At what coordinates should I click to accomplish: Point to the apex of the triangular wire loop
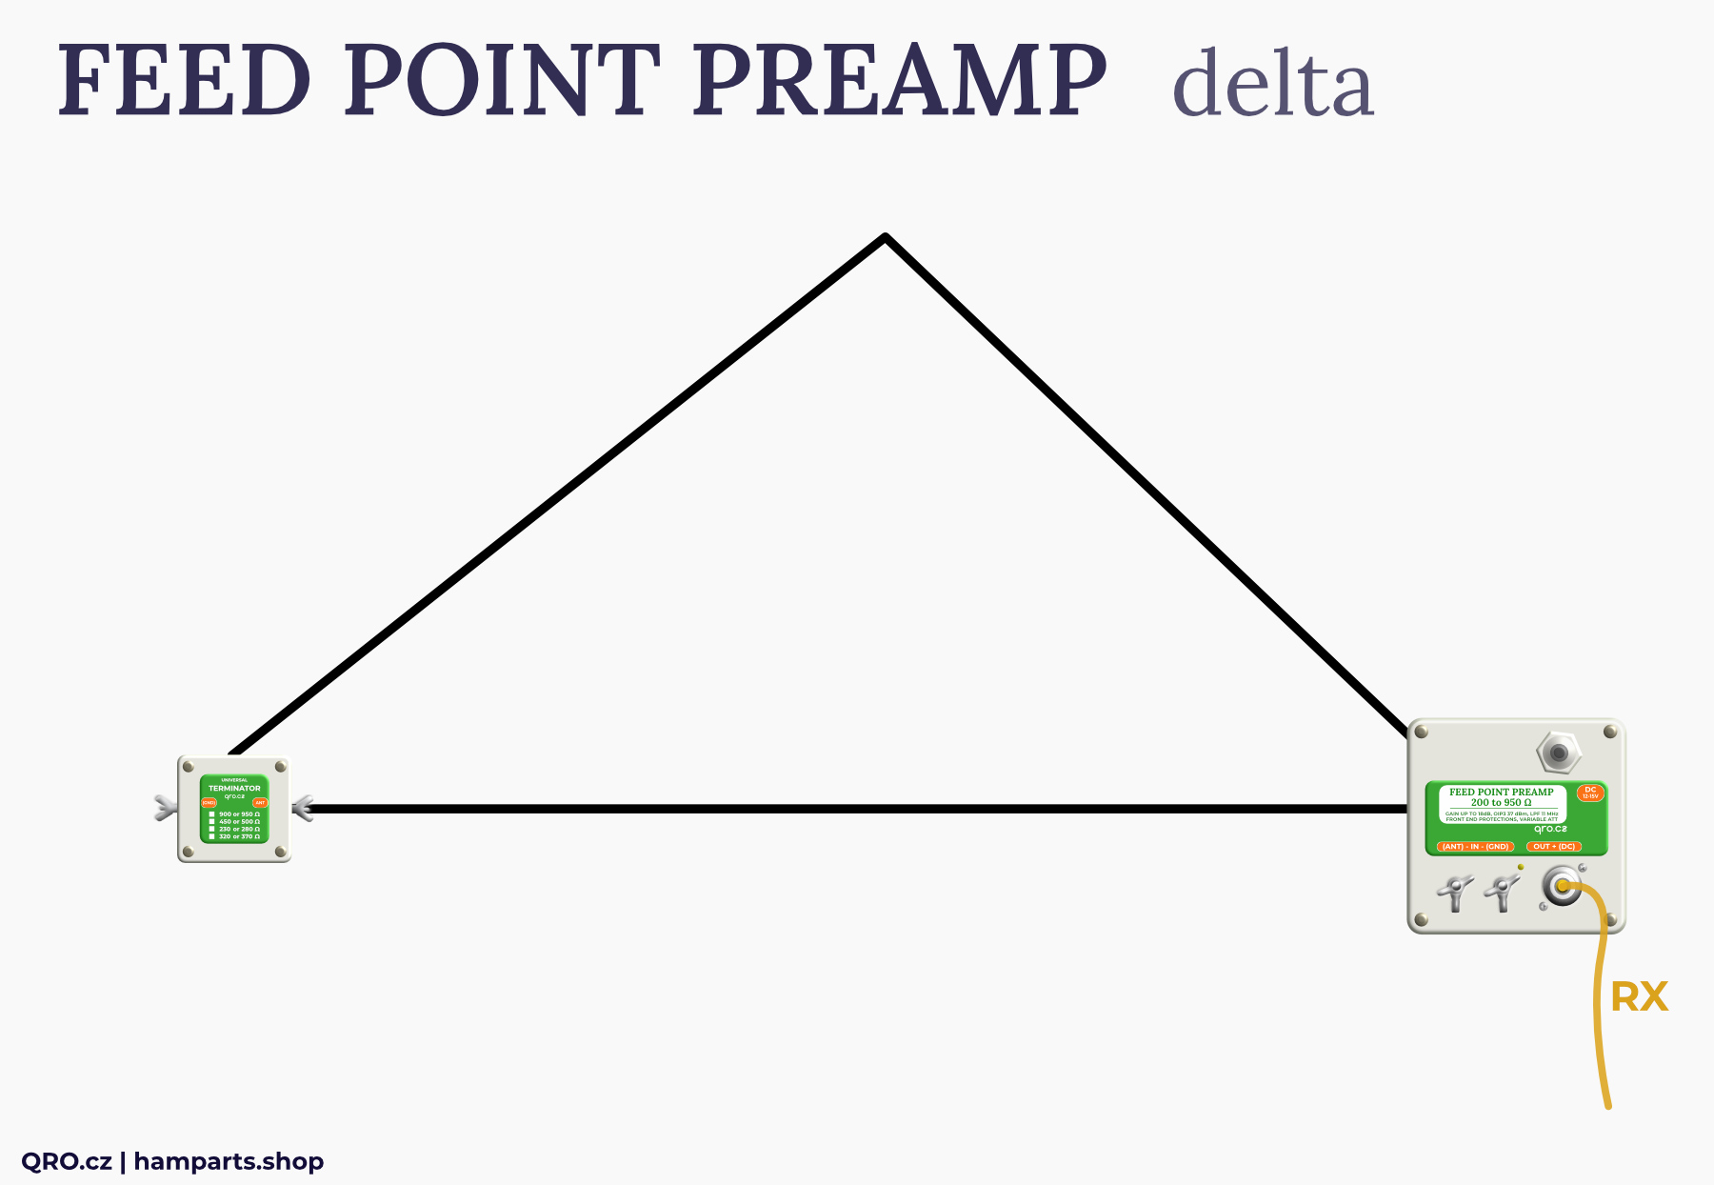(886, 237)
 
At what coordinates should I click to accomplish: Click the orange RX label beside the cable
(1639, 997)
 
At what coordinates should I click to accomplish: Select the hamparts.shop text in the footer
(229, 1161)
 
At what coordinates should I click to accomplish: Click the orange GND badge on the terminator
(209, 803)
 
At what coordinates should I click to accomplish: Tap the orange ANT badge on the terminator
(260, 803)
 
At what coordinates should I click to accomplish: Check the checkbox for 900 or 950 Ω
(211, 814)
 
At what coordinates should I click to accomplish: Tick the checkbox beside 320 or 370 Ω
(211, 836)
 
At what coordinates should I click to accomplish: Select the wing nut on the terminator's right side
(303, 810)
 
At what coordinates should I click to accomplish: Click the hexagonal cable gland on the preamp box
(1559, 753)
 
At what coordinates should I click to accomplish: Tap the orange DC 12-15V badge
(1590, 793)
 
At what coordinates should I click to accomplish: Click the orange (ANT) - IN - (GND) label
(1475, 847)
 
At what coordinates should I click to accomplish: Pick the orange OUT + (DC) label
(1554, 847)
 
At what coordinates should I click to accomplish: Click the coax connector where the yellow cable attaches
(1561, 888)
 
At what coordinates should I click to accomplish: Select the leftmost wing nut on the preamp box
(1454, 894)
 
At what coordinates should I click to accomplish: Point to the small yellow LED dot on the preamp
(1521, 867)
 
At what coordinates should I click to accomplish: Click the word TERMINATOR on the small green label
(234, 789)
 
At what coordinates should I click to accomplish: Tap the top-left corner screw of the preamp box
(1422, 732)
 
